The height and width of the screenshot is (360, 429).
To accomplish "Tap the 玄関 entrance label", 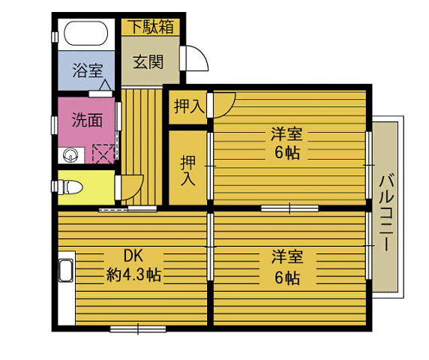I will click(x=148, y=62).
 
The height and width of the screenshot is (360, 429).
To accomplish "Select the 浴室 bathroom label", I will click(x=87, y=71).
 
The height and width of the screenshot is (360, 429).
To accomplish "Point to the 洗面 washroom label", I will click(x=87, y=120).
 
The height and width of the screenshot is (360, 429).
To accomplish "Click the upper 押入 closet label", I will click(x=187, y=106).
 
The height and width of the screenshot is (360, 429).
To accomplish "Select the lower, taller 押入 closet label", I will click(x=187, y=169).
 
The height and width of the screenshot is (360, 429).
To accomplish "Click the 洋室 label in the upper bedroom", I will click(x=286, y=135).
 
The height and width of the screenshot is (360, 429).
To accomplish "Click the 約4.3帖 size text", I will click(x=132, y=274).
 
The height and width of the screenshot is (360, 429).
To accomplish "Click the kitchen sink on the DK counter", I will click(x=65, y=271).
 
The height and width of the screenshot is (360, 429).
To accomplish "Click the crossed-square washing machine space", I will click(x=103, y=154).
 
